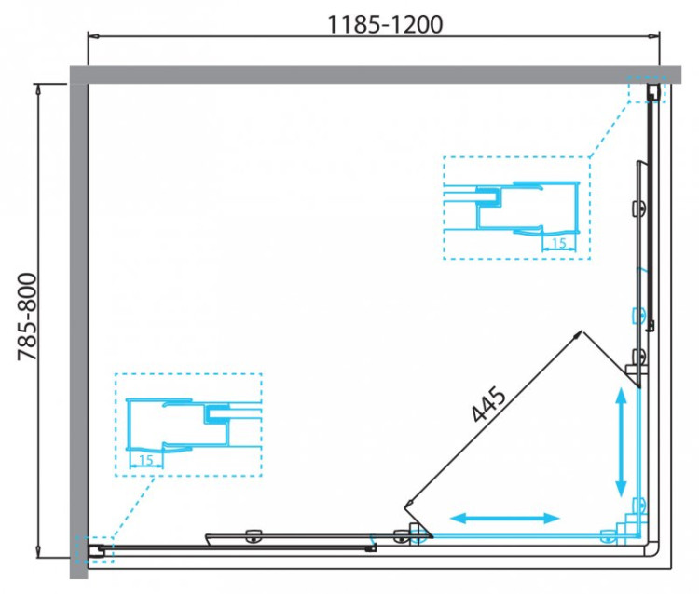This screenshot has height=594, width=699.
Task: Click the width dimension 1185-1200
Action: pyautogui.click(x=384, y=24)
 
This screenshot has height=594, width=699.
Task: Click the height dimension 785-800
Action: pyautogui.click(x=25, y=317)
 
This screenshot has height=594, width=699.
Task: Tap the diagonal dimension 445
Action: pyautogui.click(x=488, y=407)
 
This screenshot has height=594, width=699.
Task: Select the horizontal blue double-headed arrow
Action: pyautogui.click(x=505, y=518)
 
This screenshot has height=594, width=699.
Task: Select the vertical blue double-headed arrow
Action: pyautogui.click(x=621, y=443)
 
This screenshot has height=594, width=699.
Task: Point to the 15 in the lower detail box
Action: pyautogui.click(x=144, y=460)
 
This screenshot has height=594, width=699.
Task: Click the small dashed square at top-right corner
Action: pyautogui.click(x=648, y=89)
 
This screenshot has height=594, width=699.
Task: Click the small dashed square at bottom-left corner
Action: pyautogui.click(x=93, y=550)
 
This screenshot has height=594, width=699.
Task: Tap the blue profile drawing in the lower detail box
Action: pyautogui.click(x=177, y=424)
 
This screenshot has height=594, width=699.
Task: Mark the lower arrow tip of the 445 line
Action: pyautogui.click(x=407, y=506)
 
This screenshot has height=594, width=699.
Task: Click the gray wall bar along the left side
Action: pyautogui.click(x=78, y=317)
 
